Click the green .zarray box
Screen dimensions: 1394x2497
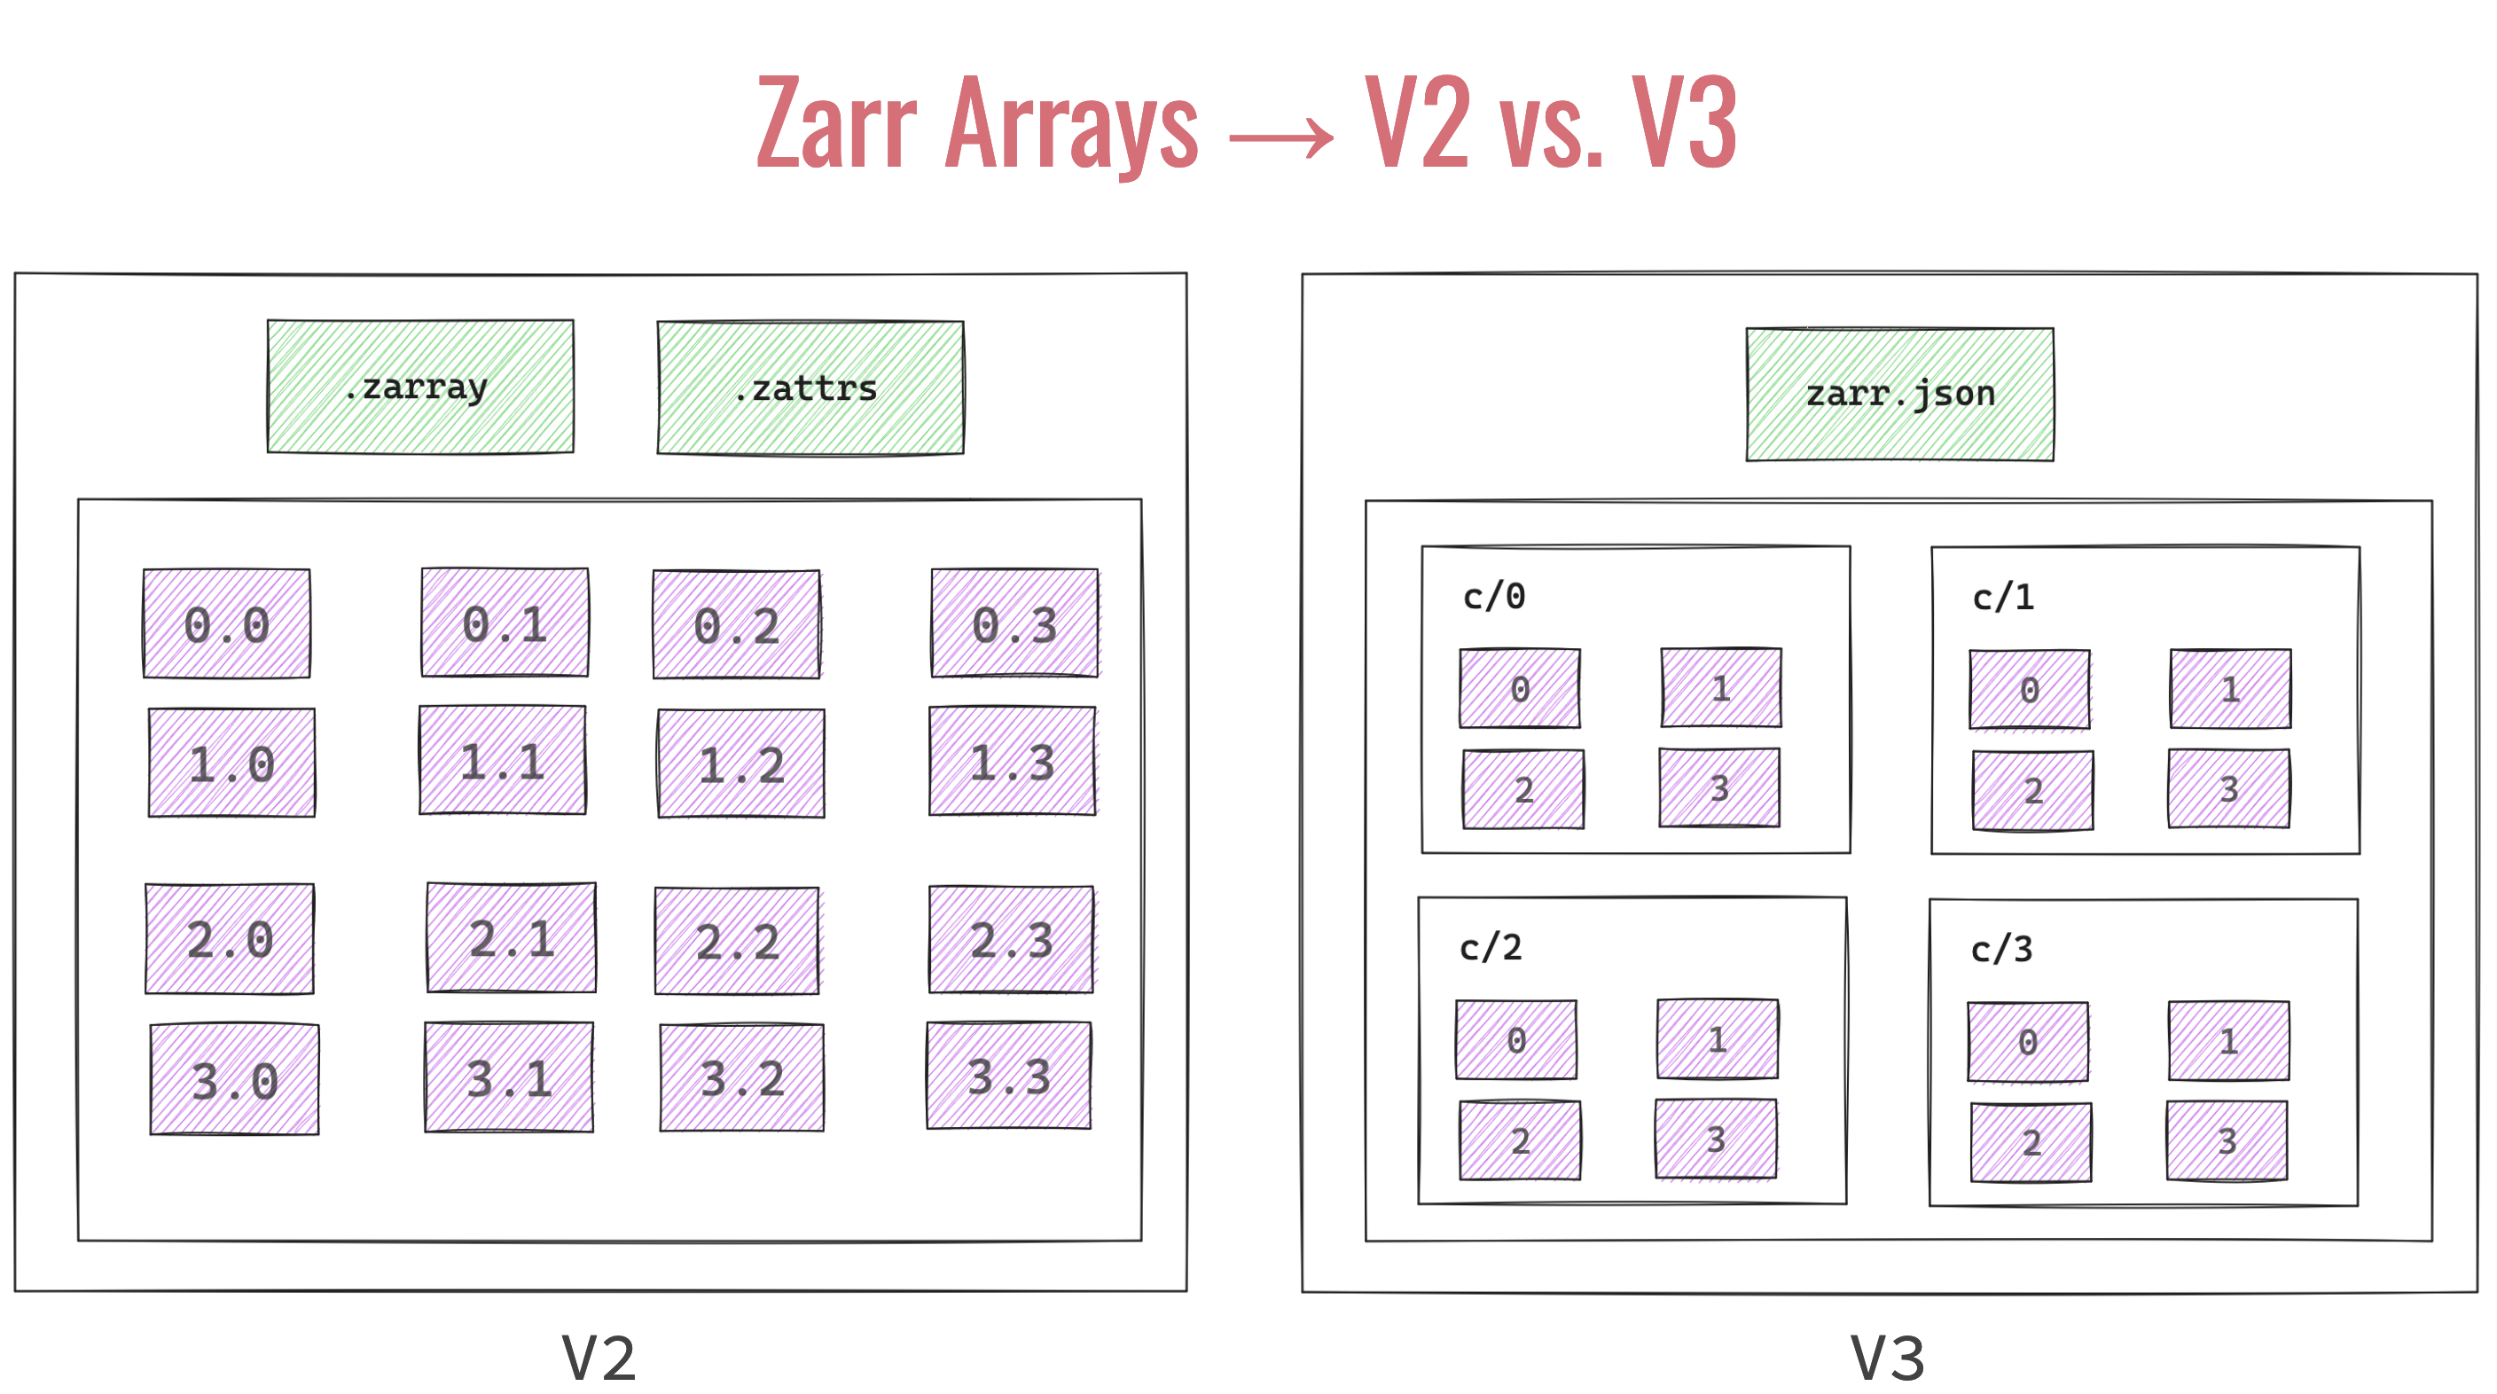[x=419, y=387]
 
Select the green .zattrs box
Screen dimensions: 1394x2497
[x=810, y=388]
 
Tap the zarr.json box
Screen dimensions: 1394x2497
[x=1899, y=394]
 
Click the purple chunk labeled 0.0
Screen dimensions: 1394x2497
[x=227, y=623]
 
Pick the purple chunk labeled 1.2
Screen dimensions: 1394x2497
[x=741, y=764]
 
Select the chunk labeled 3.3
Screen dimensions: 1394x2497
[x=1009, y=1076]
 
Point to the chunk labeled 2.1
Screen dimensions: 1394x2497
[x=511, y=937]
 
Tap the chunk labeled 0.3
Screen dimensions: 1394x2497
[x=1014, y=623]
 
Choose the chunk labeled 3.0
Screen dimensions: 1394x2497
[x=235, y=1079]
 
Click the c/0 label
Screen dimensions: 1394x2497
[x=1494, y=596]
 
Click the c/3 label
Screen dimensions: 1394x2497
[x=2000, y=949]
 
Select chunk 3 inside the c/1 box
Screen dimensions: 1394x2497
[x=2228, y=788]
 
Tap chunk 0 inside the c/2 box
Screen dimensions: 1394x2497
[x=1516, y=1040]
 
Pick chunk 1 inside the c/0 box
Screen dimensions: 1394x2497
[x=1720, y=688]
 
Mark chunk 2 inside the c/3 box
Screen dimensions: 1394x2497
[x=2031, y=1143]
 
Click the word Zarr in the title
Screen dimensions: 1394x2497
[x=835, y=124]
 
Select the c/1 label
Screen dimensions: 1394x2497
[x=2002, y=597]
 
